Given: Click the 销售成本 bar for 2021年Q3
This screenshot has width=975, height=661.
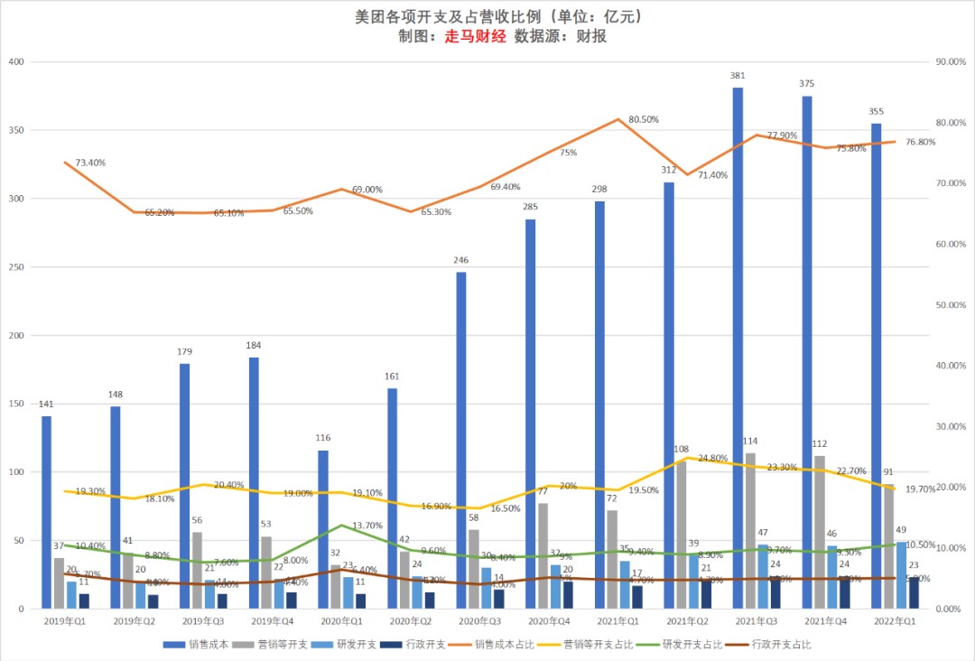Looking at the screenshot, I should (x=738, y=348).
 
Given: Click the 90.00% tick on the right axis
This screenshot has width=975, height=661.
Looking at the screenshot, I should (x=950, y=61).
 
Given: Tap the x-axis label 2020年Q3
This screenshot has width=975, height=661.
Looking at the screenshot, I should (x=480, y=621).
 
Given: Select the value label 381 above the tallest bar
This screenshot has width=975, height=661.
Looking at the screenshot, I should (x=738, y=76).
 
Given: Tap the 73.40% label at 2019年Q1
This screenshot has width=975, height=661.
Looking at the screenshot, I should (x=90, y=163).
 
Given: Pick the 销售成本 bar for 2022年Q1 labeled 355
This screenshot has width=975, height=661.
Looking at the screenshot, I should (x=877, y=366).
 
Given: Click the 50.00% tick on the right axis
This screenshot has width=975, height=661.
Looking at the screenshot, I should (x=950, y=305).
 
